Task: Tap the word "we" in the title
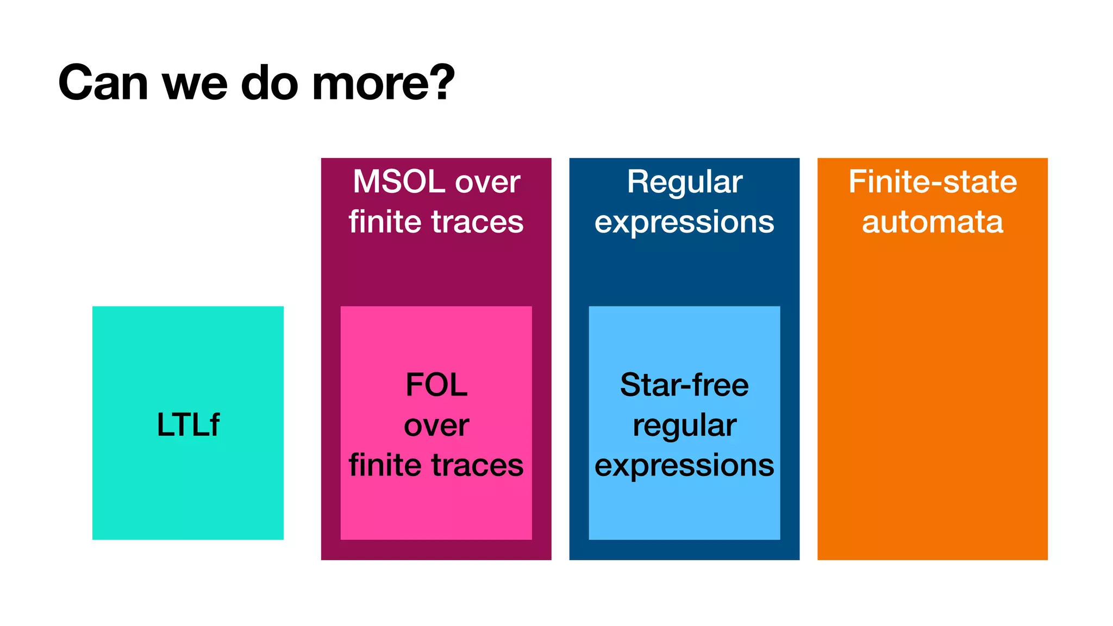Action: click(195, 85)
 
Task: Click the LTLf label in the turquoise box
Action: click(188, 424)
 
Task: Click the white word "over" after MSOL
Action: click(487, 183)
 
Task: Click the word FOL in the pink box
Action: click(436, 385)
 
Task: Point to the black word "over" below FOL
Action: click(436, 425)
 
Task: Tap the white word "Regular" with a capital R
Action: click(684, 183)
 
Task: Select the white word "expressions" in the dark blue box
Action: click(684, 223)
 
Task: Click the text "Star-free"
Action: click(684, 385)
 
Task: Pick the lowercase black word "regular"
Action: click(684, 426)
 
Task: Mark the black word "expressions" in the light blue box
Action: click(684, 466)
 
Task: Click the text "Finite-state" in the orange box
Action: click(933, 181)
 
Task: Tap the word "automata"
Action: click(933, 222)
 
